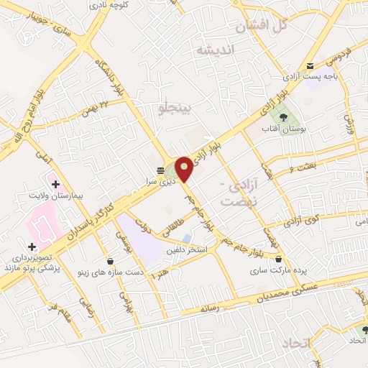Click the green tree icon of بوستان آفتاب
[282, 114]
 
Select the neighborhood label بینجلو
[175, 108]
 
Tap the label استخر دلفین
[188, 249]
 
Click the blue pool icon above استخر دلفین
[187, 238]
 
